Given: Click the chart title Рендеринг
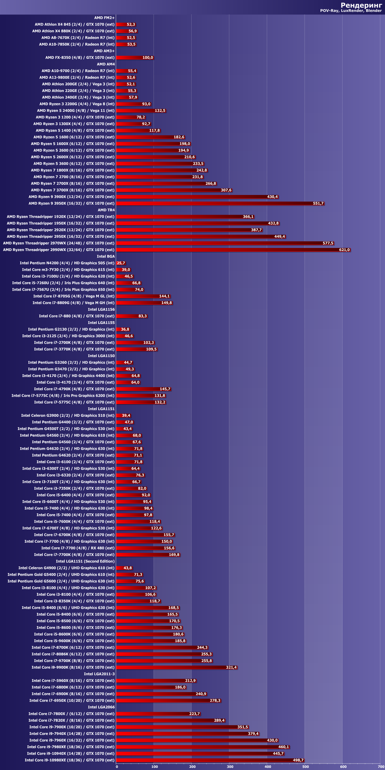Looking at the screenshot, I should tap(361, 5).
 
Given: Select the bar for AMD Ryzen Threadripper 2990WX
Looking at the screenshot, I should tap(233, 250).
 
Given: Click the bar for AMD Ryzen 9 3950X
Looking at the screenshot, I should tap(220, 203).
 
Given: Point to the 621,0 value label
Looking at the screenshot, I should tap(344, 250).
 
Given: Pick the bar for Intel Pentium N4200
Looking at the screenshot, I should tap(121, 263).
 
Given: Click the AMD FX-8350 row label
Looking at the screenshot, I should tap(80, 58).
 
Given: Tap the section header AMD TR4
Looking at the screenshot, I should tap(106, 210).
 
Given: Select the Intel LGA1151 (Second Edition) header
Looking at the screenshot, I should tap(85, 561).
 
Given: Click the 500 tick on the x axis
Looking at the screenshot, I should tap(305, 767).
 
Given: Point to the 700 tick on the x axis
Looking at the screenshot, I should tap(381, 767).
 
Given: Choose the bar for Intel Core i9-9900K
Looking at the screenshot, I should tap(176, 667).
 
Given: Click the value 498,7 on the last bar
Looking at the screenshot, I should tap(298, 760).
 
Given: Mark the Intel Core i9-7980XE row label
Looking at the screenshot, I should tap(71, 747).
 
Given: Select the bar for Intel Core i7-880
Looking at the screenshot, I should tap(132, 316).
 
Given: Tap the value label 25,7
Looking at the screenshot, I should tap(121, 263).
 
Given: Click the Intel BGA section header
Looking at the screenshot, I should tap(106, 256).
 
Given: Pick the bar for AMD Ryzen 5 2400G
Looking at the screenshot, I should tap(141, 111).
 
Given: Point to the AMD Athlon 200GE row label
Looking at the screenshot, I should tap(78, 84).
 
